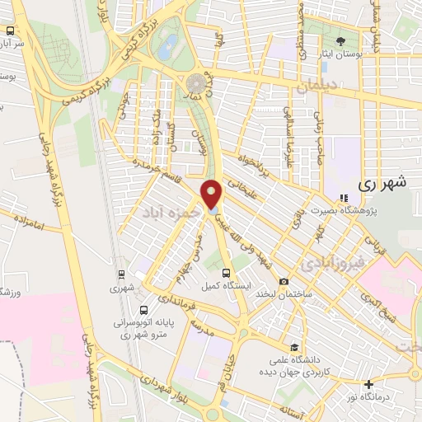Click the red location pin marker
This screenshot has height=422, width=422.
click(x=212, y=194)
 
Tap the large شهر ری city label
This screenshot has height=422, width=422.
click(x=384, y=185)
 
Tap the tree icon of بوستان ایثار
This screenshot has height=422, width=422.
click(x=340, y=40)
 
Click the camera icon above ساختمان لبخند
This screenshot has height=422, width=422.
click(x=284, y=281)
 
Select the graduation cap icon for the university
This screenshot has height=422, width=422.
click(x=294, y=347)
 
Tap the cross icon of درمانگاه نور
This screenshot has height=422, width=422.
click(x=369, y=384)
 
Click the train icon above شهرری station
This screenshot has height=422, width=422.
click(x=122, y=275)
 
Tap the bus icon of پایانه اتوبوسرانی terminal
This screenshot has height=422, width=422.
click(x=144, y=312)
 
